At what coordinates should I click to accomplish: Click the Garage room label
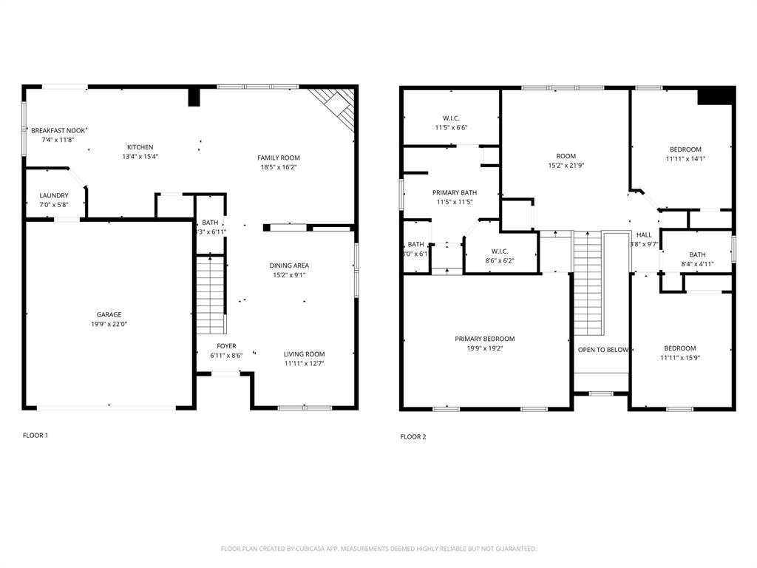tap(109, 314)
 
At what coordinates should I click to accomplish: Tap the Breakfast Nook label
tap(58, 130)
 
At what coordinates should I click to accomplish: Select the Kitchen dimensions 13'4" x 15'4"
tap(140, 157)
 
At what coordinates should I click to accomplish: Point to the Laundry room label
tap(54, 196)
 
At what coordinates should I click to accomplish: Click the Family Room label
tap(279, 158)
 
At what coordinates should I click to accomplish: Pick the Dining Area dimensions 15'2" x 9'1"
tap(288, 275)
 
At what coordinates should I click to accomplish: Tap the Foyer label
tap(226, 346)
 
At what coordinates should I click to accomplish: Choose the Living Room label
tap(304, 354)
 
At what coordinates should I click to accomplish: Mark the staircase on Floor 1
tap(211, 294)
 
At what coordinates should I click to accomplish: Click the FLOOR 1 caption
tap(35, 436)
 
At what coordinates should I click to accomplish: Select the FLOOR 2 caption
tap(413, 437)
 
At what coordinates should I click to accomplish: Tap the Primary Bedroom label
tap(484, 339)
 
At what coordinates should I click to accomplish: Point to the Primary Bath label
tap(455, 192)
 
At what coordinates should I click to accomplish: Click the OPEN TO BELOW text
tap(602, 350)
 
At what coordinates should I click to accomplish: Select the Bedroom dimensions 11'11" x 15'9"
tap(679, 358)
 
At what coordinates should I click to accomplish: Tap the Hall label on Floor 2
tap(644, 234)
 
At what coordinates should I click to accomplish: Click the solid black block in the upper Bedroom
tap(716, 95)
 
